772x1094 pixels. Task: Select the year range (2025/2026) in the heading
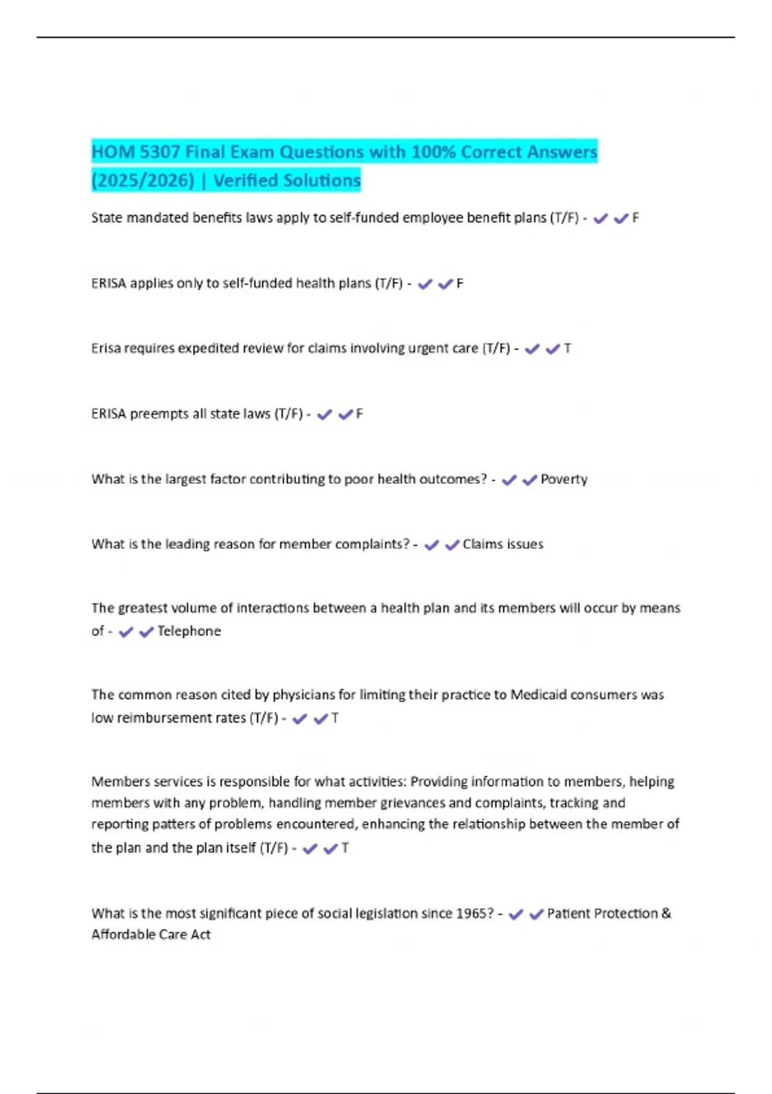click(x=143, y=181)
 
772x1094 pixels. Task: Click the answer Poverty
click(x=564, y=479)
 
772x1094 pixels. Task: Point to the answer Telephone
click(x=188, y=631)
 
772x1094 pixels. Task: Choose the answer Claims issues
click(x=502, y=544)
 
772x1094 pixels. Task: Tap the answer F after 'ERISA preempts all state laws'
click(x=359, y=414)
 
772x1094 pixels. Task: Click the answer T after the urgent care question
click(x=567, y=349)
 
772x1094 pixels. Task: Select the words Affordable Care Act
click(x=151, y=935)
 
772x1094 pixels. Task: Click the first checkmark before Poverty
click(x=509, y=480)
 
